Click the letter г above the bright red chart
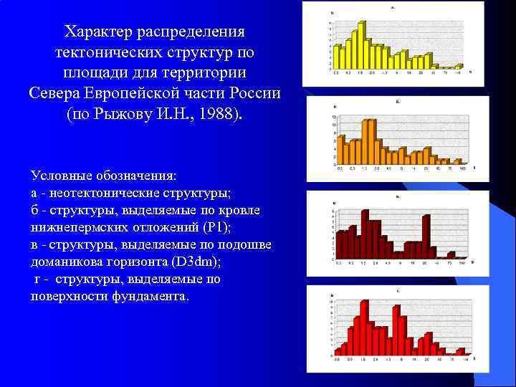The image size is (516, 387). tap(397, 292)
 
